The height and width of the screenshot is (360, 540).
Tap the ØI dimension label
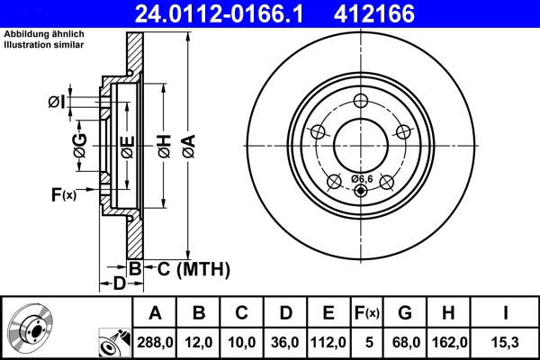click(56, 103)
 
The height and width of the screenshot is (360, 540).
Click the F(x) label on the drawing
click(64, 194)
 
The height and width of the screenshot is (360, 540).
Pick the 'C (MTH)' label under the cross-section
click(194, 268)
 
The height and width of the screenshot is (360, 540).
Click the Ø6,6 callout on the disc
click(362, 177)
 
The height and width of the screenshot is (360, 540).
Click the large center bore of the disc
click(361, 143)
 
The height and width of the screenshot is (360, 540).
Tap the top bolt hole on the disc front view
click(361, 101)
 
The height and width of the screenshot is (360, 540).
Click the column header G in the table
click(405, 312)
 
